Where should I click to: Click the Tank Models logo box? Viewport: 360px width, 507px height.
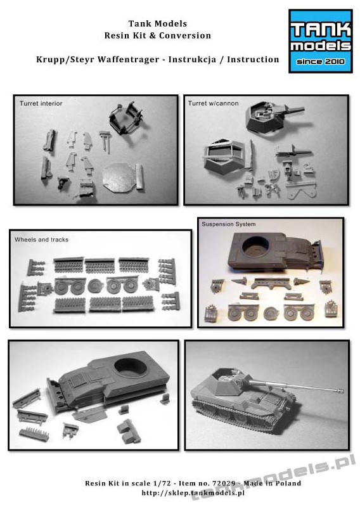pos(320,41)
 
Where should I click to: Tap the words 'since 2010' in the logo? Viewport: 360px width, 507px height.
pos(321,61)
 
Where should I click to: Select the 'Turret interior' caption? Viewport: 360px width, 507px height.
pos(41,103)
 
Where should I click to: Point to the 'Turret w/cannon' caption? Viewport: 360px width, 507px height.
pos(213,103)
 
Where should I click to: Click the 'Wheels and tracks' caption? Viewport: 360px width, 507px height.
pos(41,240)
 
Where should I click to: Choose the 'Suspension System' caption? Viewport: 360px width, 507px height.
pos(229,224)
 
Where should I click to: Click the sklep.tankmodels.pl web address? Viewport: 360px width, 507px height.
pos(193,493)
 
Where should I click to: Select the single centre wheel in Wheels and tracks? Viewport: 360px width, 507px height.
pos(95,286)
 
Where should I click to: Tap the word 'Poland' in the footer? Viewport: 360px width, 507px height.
pos(288,483)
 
